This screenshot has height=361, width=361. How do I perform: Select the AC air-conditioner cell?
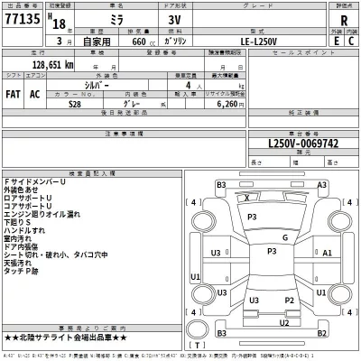click(x=36, y=93)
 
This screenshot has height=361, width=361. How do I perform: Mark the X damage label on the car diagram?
click(x=248, y=196)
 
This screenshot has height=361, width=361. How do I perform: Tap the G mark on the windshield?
click(x=284, y=237)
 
